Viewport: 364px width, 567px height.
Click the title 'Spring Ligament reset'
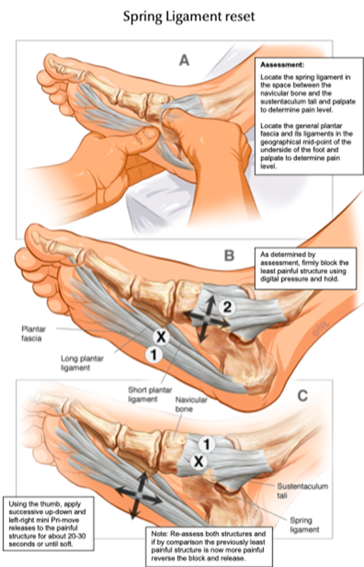(x=189, y=17)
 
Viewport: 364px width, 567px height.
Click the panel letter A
(x=184, y=60)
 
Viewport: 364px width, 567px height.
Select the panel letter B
(x=229, y=256)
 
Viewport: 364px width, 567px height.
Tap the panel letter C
(x=302, y=395)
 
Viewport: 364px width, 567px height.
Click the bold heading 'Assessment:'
(x=282, y=65)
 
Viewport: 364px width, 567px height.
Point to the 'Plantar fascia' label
(x=34, y=333)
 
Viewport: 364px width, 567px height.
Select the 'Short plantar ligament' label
(x=150, y=395)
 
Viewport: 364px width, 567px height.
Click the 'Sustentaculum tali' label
(x=303, y=491)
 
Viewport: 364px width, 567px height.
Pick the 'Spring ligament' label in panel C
(x=305, y=525)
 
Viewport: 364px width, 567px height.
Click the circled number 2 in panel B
(x=227, y=307)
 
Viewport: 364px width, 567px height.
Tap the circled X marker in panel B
(x=161, y=337)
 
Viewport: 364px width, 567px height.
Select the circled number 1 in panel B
(x=154, y=355)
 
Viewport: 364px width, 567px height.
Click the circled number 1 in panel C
(x=207, y=444)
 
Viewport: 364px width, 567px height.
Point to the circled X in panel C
(x=199, y=462)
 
